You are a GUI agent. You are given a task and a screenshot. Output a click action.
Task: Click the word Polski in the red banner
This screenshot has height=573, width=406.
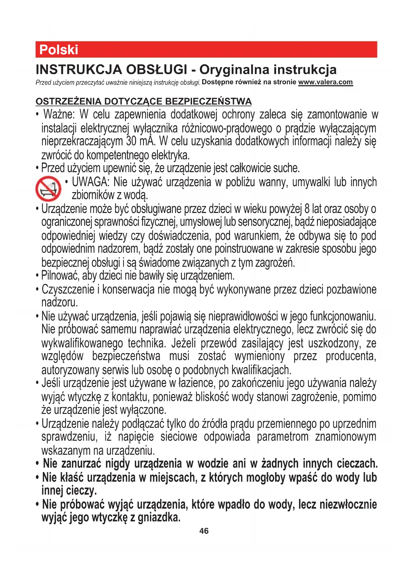click(59, 50)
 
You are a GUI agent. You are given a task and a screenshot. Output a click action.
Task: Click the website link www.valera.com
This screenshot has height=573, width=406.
click(326, 82)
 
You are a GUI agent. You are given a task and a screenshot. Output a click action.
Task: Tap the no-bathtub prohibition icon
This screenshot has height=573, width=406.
click(48, 188)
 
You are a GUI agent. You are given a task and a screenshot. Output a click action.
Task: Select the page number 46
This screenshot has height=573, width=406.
click(204, 531)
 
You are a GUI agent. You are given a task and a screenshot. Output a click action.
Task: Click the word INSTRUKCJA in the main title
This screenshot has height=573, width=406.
click(79, 70)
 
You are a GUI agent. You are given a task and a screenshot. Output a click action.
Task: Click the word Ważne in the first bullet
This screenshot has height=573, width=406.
click(59, 115)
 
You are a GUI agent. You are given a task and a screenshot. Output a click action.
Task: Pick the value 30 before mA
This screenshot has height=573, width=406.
click(131, 141)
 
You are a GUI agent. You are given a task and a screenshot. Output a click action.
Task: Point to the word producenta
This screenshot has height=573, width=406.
click(351, 356)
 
